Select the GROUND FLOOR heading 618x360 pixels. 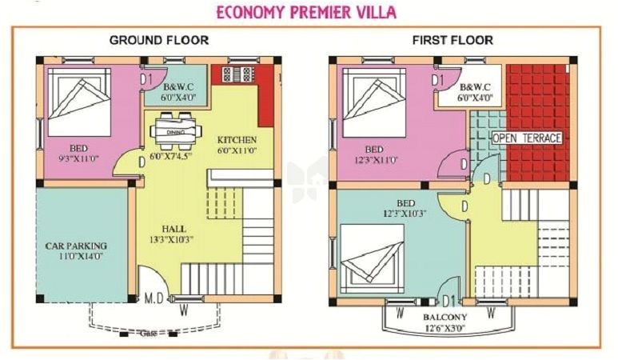coord(159,40)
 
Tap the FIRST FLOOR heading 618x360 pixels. coord(453,40)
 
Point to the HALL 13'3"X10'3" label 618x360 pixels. coord(169,233)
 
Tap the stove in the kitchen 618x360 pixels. coord(237,74)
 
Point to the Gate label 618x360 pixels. coord(148,333)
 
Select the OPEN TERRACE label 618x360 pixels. coord(526,138)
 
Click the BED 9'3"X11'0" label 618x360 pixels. coord(78,154)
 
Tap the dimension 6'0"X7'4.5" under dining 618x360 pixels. coord(170,157)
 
